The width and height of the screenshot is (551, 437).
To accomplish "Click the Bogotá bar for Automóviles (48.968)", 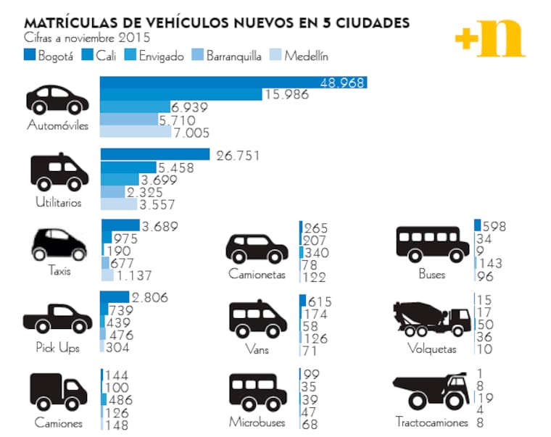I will [232, 82].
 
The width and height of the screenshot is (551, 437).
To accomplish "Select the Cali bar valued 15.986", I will [181, 94].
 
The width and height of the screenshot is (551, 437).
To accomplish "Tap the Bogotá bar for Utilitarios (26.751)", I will [154, 154].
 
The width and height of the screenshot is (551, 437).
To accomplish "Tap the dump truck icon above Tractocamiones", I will [431, 392].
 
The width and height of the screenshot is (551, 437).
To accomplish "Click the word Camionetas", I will [257, 275].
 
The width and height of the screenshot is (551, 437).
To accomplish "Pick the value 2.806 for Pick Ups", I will [149, 298].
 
